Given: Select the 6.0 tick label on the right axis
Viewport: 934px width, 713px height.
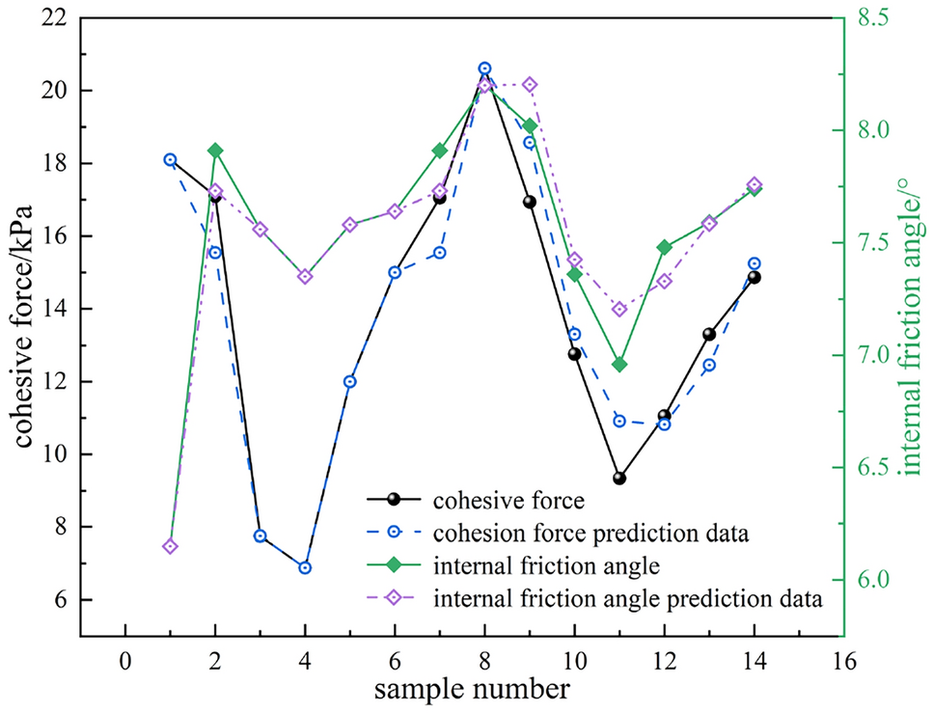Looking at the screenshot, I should coord(876,580).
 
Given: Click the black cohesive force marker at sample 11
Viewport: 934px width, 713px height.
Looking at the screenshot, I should coord(619,479).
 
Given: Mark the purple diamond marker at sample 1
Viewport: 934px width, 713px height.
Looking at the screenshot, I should coord(170,547).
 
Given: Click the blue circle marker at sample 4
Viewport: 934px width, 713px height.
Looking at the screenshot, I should coord(305,568).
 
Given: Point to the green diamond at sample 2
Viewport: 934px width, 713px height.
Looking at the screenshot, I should coord(215,151).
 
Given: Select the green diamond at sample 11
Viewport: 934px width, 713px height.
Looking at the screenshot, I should coord(619,365).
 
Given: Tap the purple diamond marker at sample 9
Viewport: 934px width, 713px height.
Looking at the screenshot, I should coord(530,85).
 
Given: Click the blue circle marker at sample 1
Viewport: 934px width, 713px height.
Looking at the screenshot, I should coord(170,160).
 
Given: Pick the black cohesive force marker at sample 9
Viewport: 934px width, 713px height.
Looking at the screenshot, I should coord(530,202).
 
